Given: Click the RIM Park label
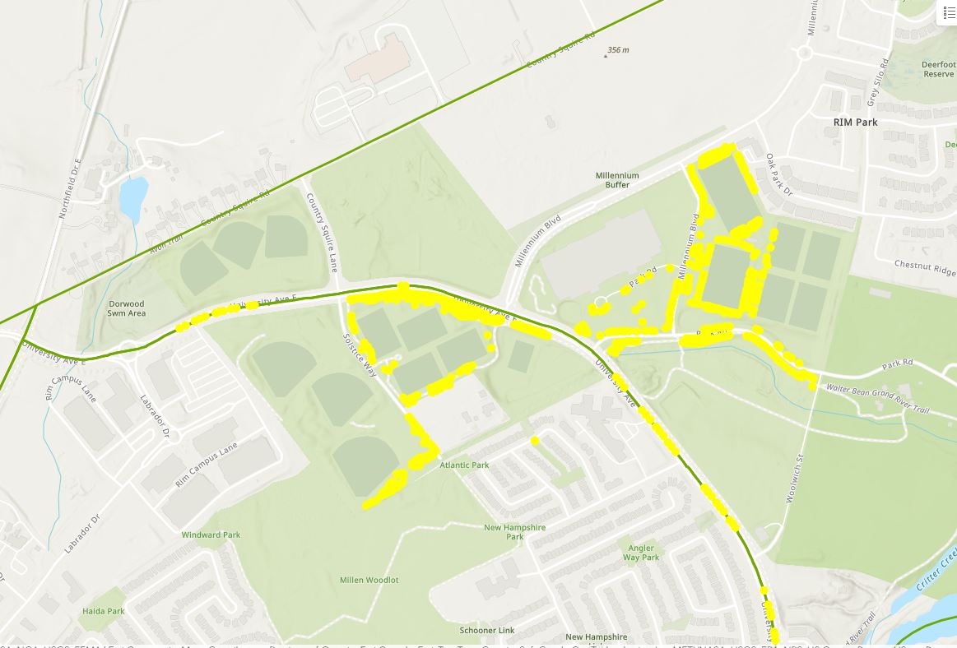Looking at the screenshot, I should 855,123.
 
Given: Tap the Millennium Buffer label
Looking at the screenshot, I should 617,180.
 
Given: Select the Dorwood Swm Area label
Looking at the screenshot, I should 126,308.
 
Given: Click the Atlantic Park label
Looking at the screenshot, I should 464,465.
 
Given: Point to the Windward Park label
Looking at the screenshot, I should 211,535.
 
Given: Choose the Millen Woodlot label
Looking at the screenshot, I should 369,581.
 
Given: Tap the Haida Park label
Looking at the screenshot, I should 104,612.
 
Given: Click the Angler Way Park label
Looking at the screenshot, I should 641,553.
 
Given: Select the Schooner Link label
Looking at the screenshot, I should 487,631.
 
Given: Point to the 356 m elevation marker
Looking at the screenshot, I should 617,50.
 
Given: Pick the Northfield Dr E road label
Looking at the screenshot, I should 72,188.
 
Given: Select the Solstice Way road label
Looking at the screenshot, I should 359,354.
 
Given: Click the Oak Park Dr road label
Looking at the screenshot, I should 778,175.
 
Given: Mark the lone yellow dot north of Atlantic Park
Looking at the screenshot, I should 535,441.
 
